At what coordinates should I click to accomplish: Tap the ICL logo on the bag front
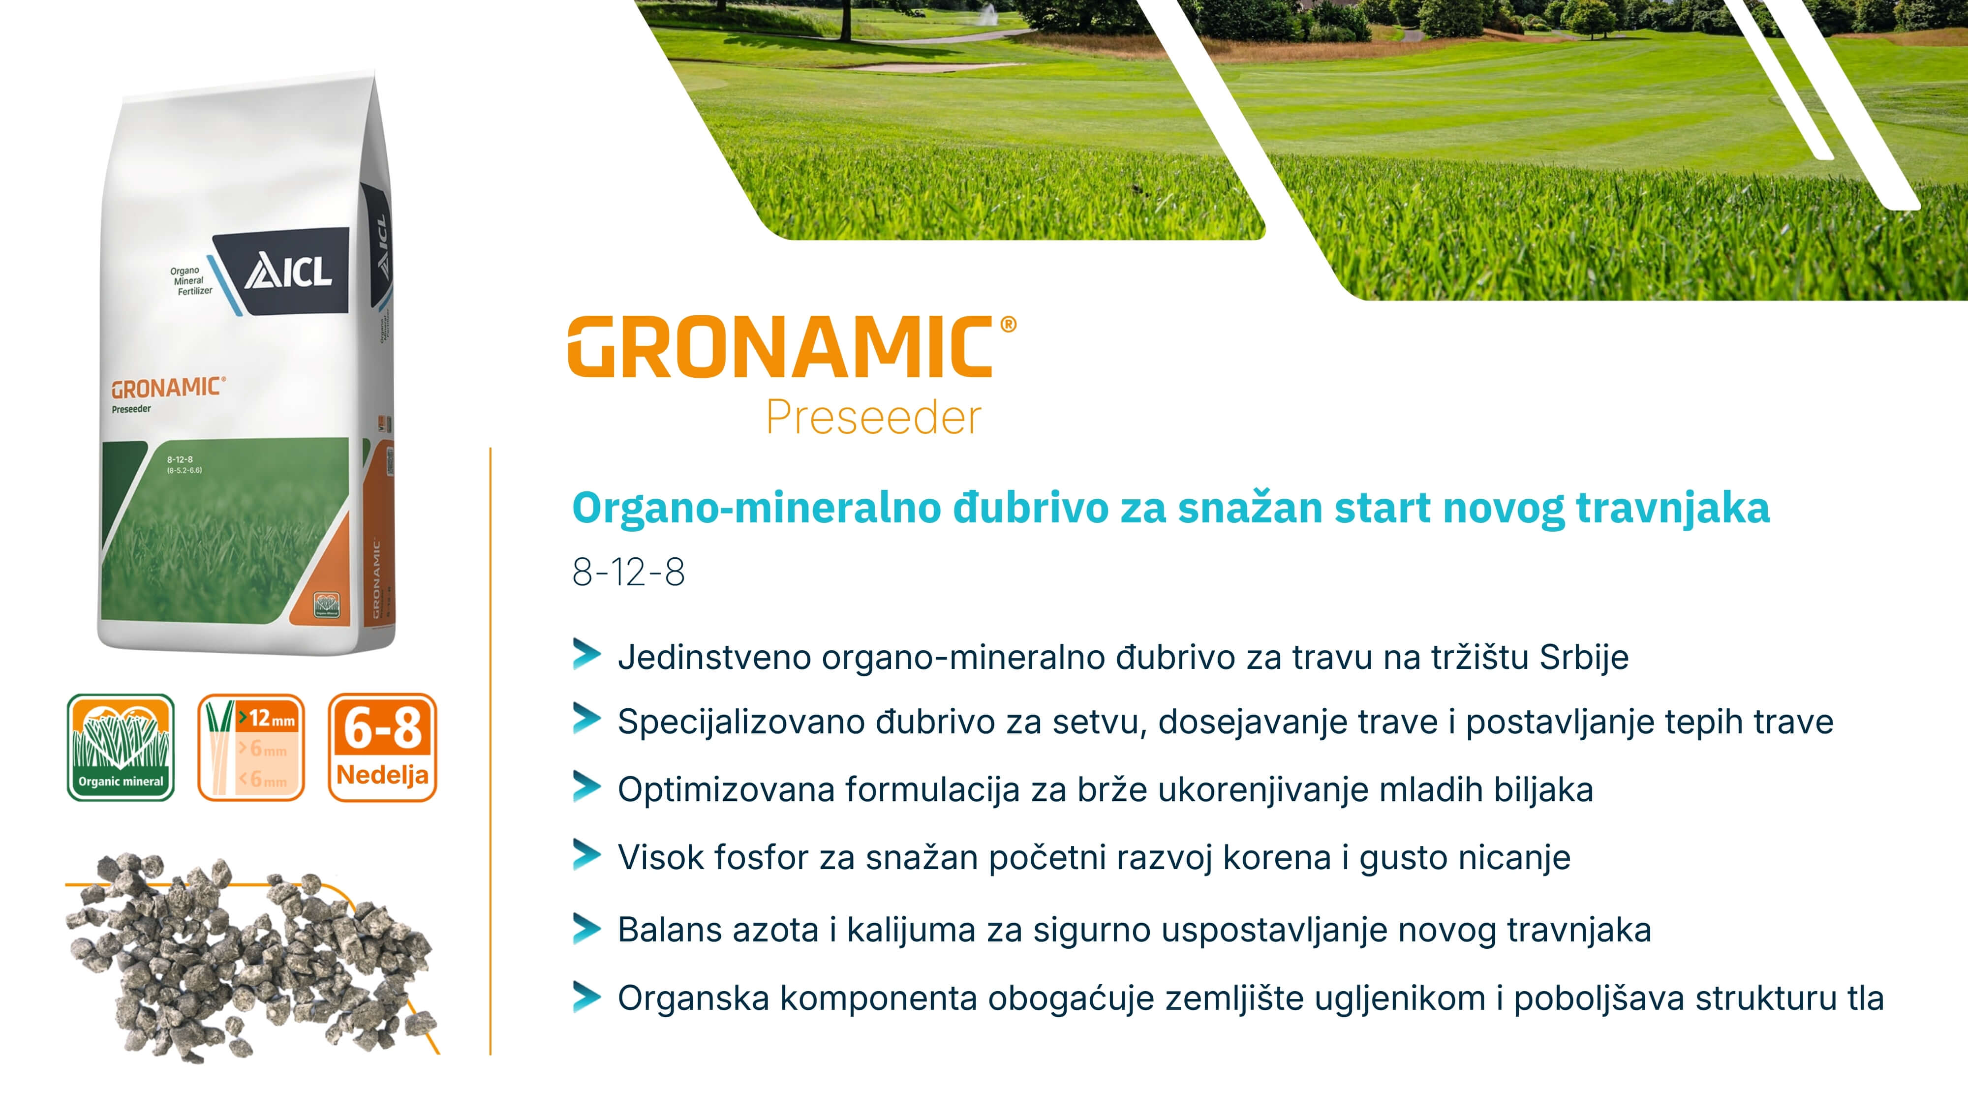(x=288, y=272)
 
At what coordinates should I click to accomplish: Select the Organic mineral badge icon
(x=121, y=747)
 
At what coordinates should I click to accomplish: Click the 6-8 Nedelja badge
(x=382, y=747)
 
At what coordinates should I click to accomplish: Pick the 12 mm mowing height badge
(x=251, y=747)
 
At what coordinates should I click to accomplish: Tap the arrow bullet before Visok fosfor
(x=586, y=855)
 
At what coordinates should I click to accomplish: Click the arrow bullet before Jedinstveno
(x=586, y=655)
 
